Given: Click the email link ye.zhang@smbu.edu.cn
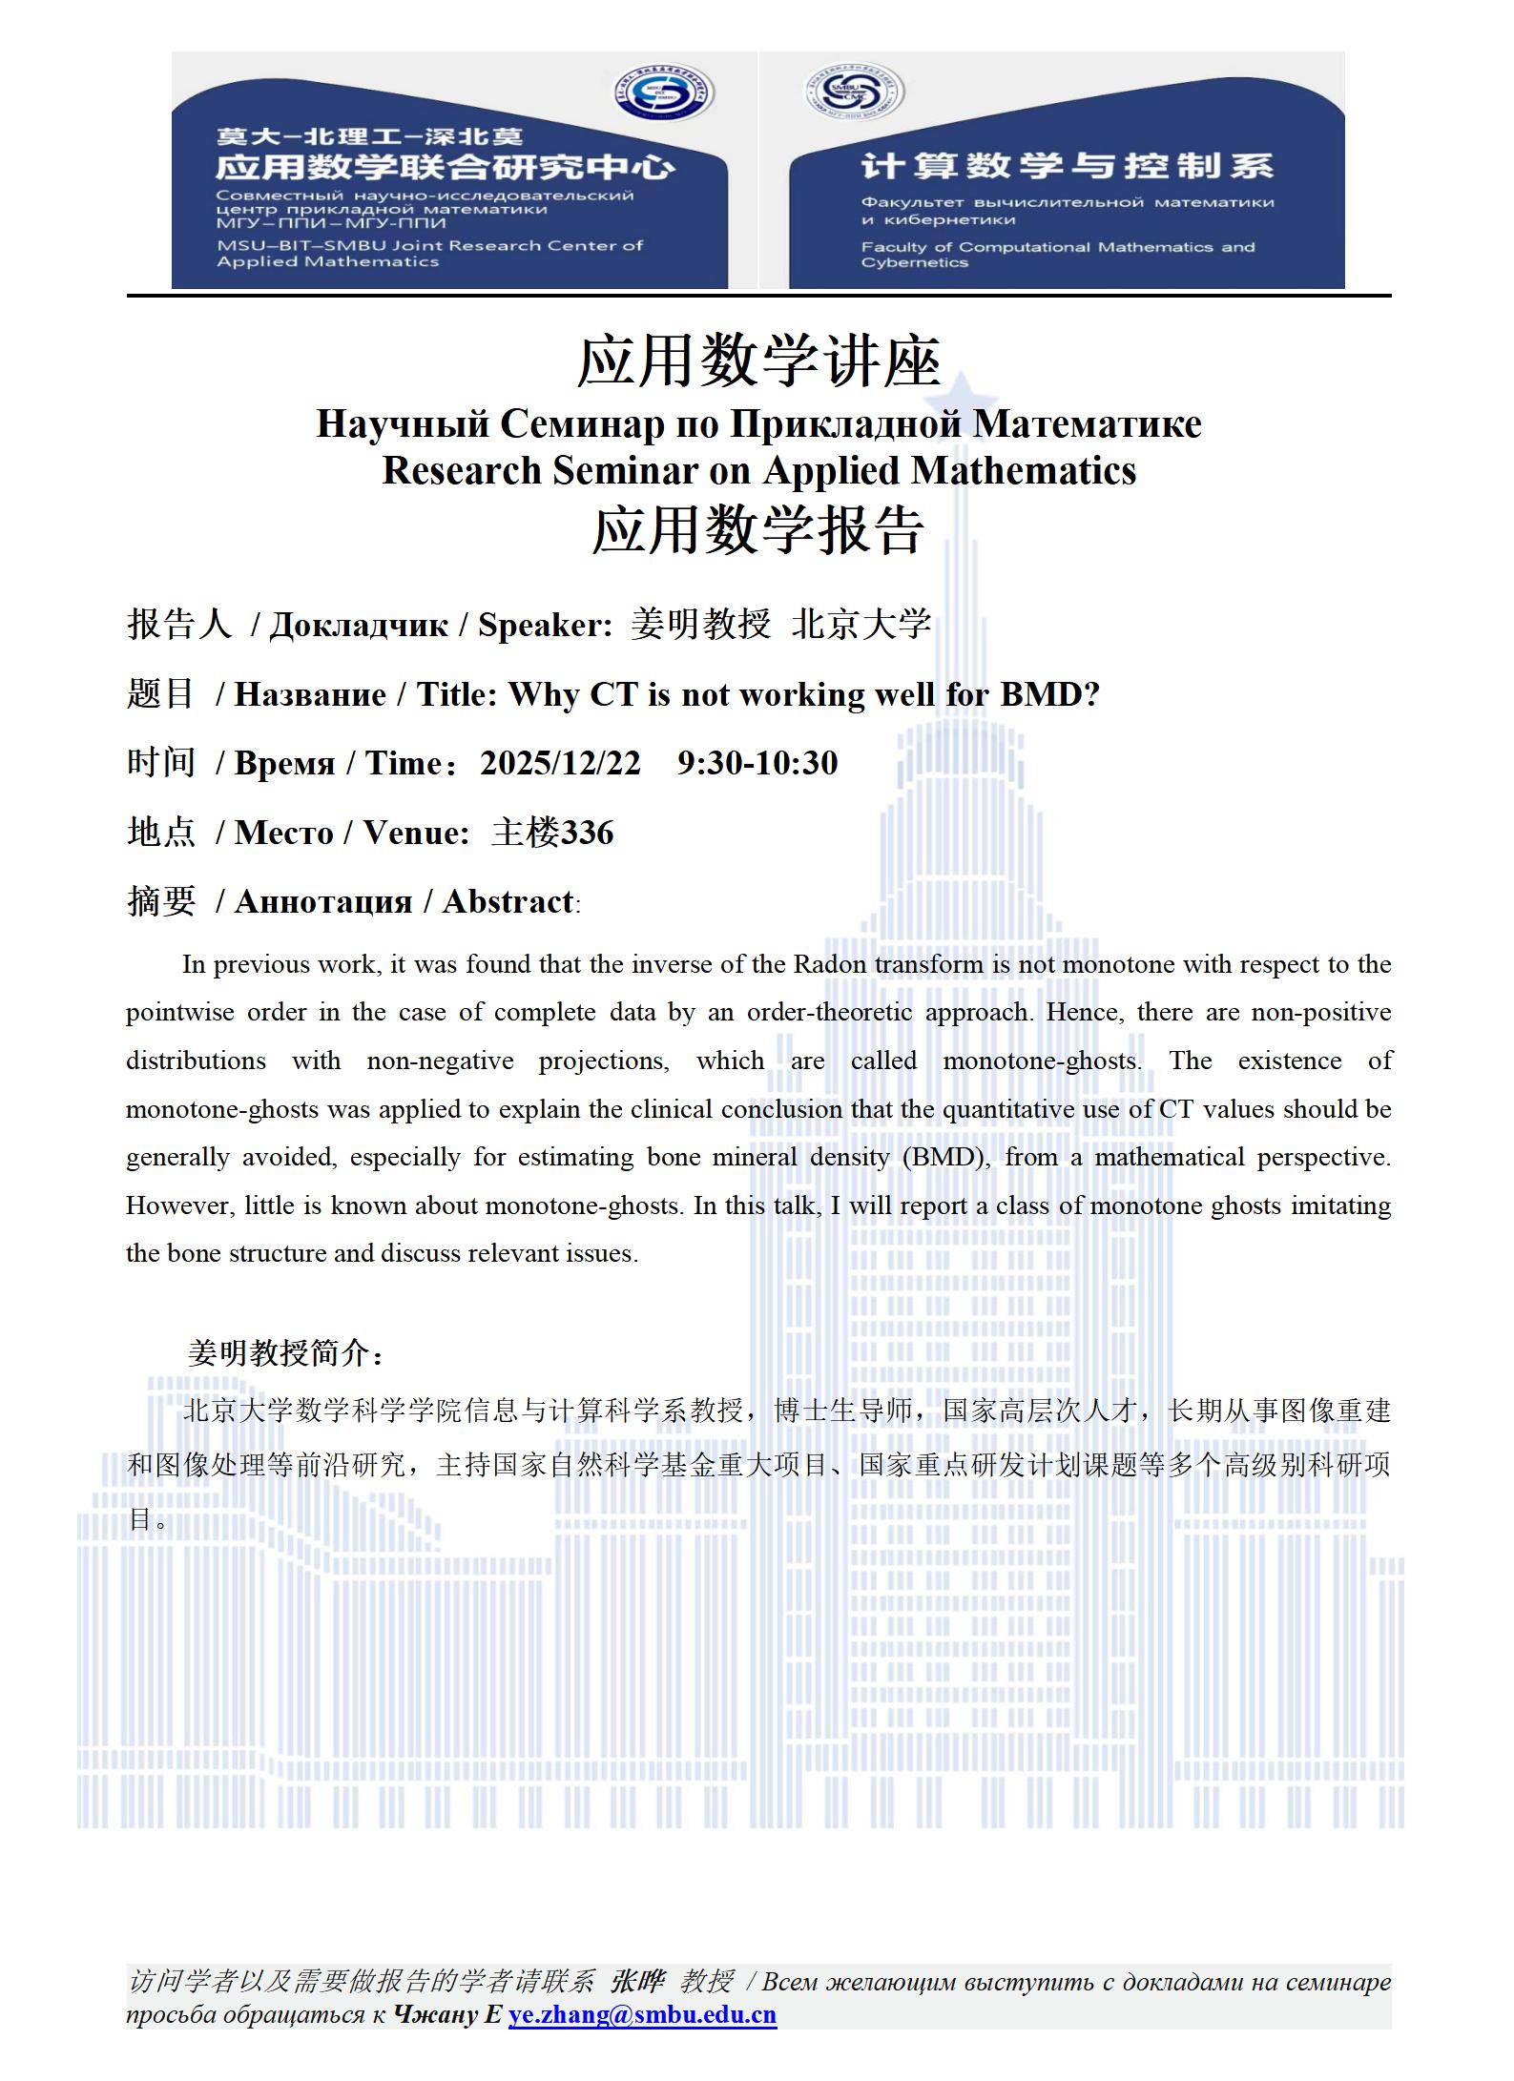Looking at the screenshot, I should click(642, 2014).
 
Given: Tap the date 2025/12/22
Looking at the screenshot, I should click(560, 763).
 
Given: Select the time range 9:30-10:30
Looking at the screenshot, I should click(757, 763).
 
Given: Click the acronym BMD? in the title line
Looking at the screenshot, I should click(1049, 694).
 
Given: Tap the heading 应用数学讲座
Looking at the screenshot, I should click(758, 362).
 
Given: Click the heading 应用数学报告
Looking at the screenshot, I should click(758, 530).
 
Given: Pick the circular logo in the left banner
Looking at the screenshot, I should click(663, 94).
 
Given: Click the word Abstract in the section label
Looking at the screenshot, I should click(508, 901).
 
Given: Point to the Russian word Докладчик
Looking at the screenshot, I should click(359, 625).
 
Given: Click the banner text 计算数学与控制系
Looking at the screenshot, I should click(1067, 166).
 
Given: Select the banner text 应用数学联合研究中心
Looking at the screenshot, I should click(446, 168).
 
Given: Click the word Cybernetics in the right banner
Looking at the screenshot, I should click(914, 263).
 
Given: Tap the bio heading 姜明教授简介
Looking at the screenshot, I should click(285, 1352).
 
